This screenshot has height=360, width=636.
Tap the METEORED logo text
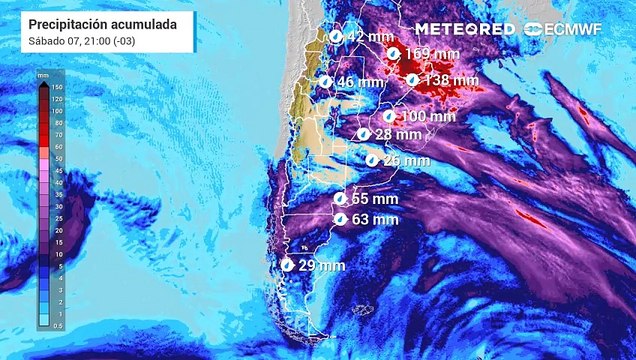(x=465, y=29)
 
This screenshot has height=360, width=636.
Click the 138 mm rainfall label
(x=453, y=79)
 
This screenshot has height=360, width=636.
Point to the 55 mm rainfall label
(x=375, y=200)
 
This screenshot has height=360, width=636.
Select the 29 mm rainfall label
(x=321, y=265)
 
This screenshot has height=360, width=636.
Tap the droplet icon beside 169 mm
(x=394, y=52)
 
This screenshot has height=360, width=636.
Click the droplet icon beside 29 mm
(x=288, y=265)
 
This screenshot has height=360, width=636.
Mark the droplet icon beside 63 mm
(x=341, y=219)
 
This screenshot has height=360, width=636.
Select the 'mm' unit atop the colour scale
(x=42, y=75)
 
